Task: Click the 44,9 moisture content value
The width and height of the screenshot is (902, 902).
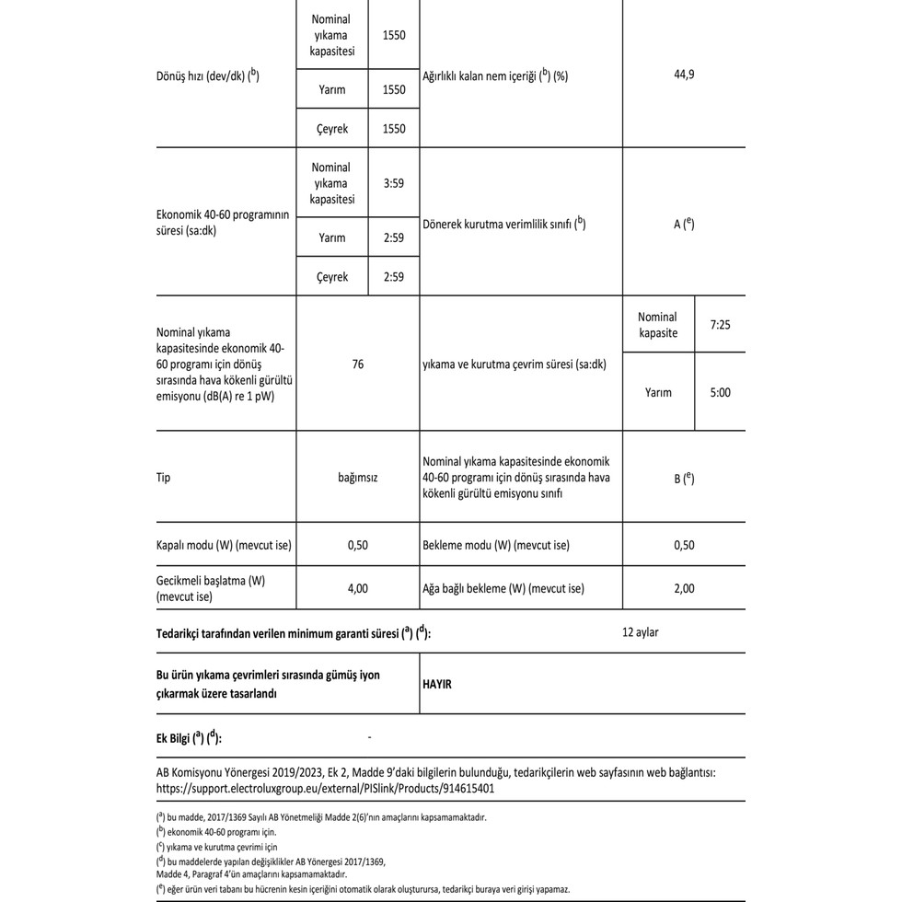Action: point(684,75)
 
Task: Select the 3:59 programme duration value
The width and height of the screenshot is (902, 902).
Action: point(393,183)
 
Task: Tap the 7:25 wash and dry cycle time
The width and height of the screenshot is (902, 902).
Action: point(720,325)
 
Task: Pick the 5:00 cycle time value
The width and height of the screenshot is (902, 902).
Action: point(720,392)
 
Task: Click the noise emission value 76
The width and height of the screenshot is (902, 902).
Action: point(357,364)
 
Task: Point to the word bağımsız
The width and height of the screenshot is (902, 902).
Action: point(357,479)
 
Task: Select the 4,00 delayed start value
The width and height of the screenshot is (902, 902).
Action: point(357,588)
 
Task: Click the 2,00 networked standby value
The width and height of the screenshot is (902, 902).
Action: point(684,588)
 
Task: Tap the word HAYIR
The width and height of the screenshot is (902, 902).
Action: point(437,684)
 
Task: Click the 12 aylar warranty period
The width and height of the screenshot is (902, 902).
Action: point(640,632)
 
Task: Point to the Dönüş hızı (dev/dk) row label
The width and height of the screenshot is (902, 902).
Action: point(208,75)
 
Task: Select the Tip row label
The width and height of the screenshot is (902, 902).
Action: point(164,479)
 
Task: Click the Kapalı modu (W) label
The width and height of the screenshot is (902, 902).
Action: point(224,545)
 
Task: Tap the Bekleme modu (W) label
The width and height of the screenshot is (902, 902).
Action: point(495,545)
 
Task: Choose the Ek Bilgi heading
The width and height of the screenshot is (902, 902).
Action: point(190,738)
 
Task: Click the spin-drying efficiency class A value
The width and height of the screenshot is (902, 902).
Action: point(683,224)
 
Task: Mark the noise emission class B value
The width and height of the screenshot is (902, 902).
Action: point(683,479)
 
